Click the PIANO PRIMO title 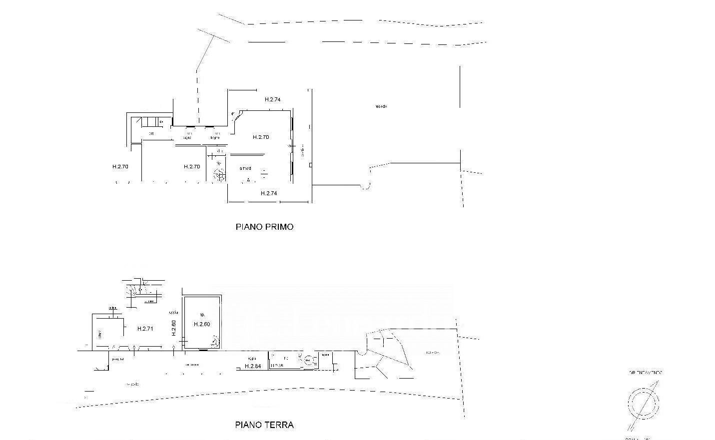264,227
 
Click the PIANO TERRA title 264,425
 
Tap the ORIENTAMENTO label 646,373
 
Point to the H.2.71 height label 145,329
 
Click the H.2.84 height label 253,366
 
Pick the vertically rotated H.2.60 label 174,328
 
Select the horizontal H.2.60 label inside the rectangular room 202,324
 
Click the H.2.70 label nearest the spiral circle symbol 192,166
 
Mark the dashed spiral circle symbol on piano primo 219,174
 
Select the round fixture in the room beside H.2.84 308,360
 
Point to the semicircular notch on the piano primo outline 366,187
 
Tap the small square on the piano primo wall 310,165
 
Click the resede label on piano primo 381,106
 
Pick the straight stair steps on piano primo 149,121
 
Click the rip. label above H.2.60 202,315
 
